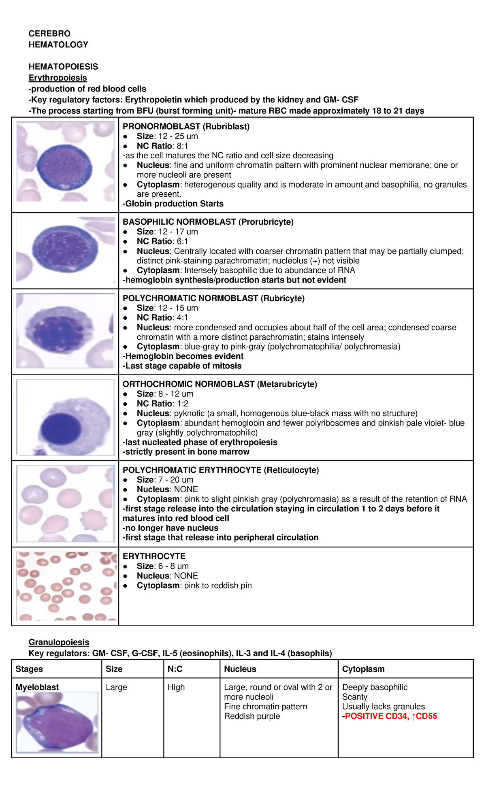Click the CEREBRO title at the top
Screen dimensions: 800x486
[x=49, y=34]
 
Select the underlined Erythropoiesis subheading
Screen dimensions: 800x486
[x=58, y=78]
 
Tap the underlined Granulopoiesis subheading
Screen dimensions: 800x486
[x=59, y=642]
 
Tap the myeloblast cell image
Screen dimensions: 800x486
[x=57, y=722]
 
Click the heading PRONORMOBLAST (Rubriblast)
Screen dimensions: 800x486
[x=186, y=127]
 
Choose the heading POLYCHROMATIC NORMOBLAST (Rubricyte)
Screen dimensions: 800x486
[x=213, y=298]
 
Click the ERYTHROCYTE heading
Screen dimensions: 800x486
[x=154, y=556]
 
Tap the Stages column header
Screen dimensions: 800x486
[x=29, y=669]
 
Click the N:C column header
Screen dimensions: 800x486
[x=175, y=669]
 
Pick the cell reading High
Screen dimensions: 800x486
[x=176, y=687]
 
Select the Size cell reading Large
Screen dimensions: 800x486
[x=116, y=687]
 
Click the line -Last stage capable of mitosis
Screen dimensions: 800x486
[x=182, y=366]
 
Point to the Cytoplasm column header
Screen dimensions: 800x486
[x=363, y=669]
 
